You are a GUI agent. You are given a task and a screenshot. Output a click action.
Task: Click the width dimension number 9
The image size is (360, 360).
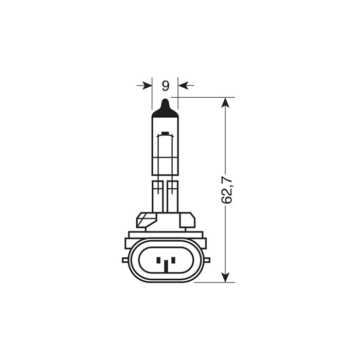165,85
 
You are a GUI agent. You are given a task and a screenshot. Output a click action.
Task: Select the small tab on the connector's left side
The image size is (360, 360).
125,260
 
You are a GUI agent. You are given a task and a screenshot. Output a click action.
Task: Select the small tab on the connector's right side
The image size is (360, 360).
206,260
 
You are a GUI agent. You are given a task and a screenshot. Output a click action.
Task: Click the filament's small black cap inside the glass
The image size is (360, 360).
165,135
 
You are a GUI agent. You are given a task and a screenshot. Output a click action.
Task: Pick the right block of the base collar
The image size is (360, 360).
186,220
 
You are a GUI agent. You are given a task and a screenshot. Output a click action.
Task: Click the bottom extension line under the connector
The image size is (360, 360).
213,282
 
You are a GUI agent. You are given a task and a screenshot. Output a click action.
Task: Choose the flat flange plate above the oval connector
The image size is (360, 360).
165,235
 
